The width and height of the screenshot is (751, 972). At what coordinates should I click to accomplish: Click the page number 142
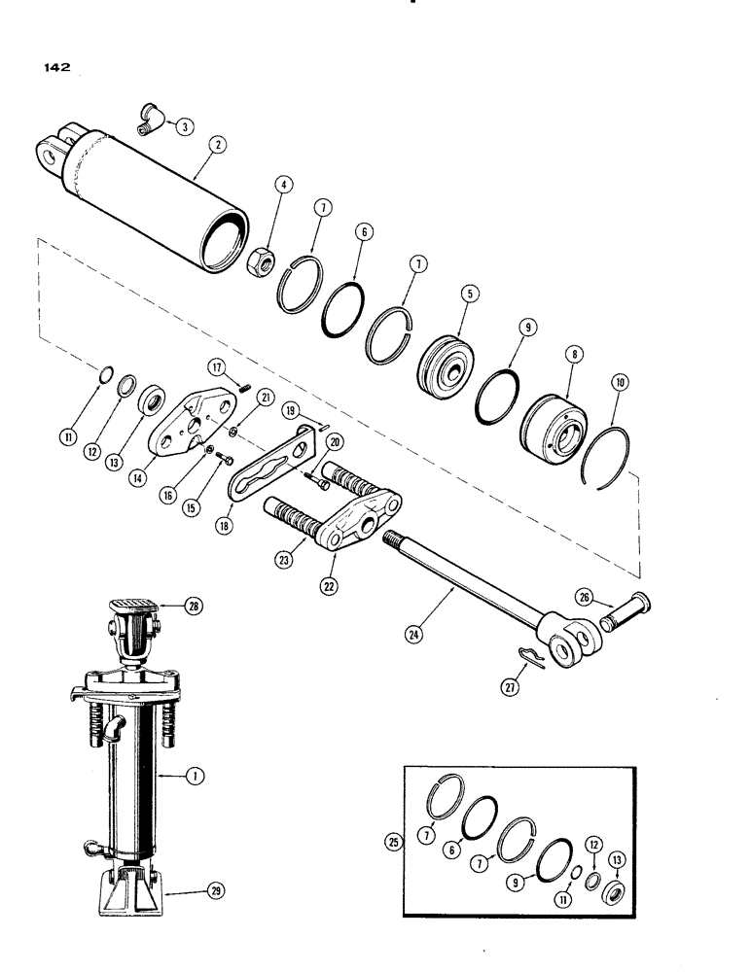54,69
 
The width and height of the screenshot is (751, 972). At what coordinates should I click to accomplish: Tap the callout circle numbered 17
216,365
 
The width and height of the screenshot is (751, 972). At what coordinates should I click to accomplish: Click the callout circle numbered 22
333,564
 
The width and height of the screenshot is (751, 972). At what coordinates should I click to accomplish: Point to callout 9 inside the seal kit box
546,883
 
